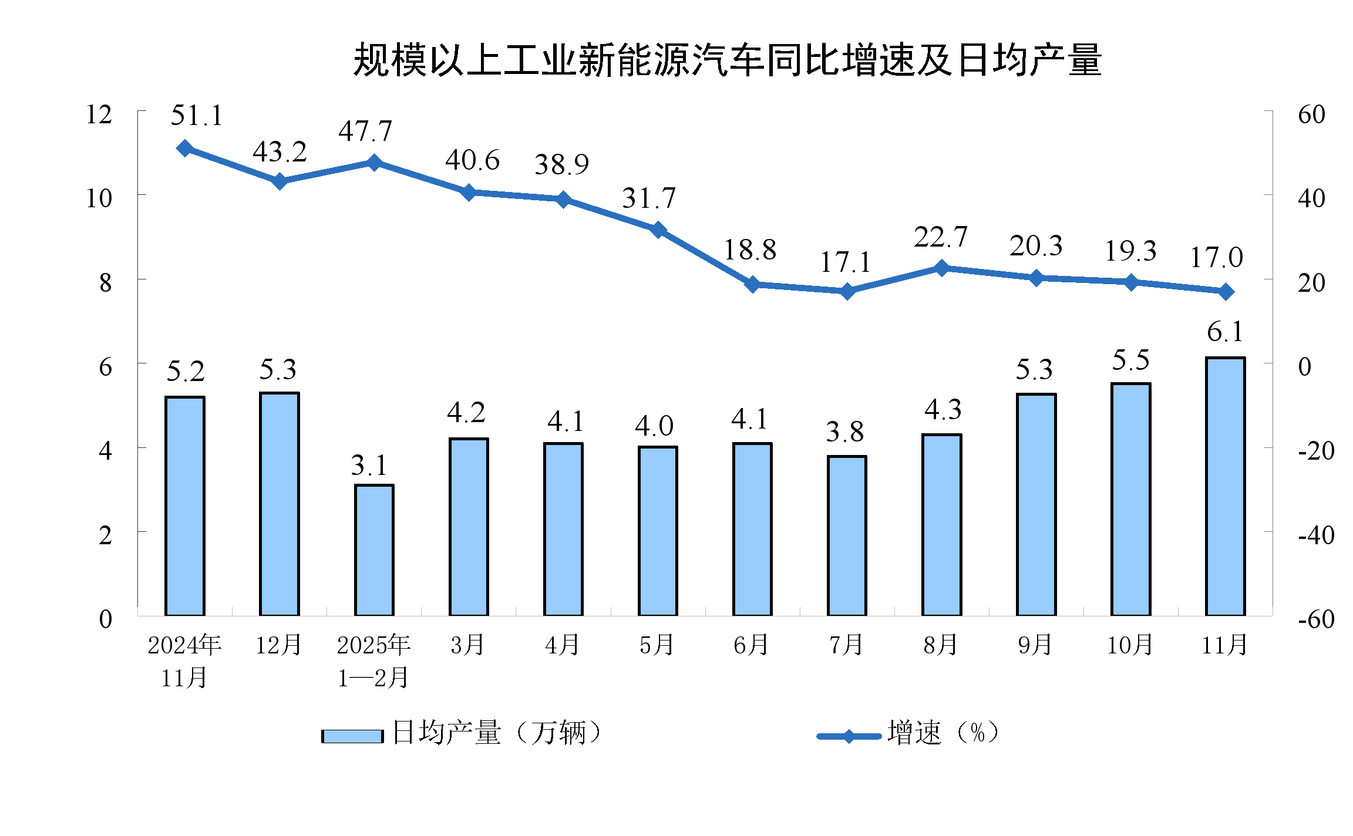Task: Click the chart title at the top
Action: click(x=727, y=60)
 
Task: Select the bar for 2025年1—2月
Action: click(x=374, y=550)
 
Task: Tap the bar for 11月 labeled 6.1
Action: click(x=1226, y=486)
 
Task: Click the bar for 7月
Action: click(x=847, y=535)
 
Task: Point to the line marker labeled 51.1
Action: click(x=185, y=148)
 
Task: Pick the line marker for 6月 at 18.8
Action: click(x=752, y=285)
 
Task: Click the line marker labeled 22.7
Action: click(x=941, y=268)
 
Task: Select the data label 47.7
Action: click(x=365, y=131)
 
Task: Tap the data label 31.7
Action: click(x=649, y=198)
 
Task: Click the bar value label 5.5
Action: click(x=1130, y=360)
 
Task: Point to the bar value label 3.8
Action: click(x=844, y=433)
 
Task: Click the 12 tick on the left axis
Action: click(x=99, y=114)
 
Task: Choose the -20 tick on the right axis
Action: click(x=1316, y=451)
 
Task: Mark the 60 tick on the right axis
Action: click(x=1311, y=114)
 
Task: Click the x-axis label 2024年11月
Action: click(x=184, y=661)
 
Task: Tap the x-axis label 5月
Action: click(x=657, y=645)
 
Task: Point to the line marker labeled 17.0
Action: click(x=1226, y=292)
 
